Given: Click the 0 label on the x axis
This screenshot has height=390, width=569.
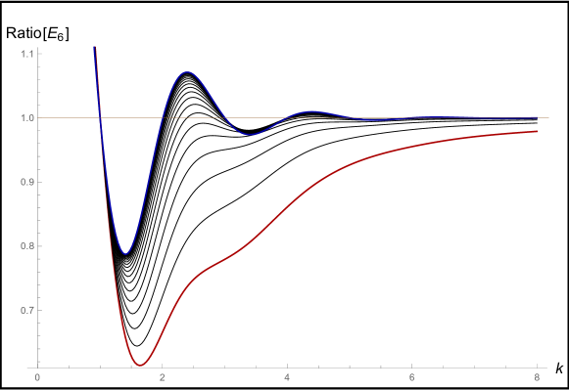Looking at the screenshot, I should click(x=37, y=377).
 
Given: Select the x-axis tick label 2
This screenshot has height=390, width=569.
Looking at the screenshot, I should click(x=163, y=377).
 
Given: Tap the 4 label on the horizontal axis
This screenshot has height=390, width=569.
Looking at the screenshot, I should click(x=287, y=377).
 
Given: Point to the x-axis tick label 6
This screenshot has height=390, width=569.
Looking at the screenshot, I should click(x=412, y=377).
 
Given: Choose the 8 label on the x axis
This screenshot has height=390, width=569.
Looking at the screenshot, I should click(x=537, y=377).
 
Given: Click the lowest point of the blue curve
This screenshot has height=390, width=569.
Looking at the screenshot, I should click(x=124, y=254).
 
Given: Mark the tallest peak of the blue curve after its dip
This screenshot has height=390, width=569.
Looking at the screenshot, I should click(x=186, y=71).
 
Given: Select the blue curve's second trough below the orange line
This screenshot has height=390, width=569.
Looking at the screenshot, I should click(x=250, y=135).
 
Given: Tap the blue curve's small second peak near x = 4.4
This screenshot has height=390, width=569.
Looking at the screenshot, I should click(x=312, y=111).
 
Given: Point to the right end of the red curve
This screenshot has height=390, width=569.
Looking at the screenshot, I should click(x=537, y=131).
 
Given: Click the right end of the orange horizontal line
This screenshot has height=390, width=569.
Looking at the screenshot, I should click(x=548, y=117).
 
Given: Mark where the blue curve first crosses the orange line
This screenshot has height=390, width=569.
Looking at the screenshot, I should click(x=100, y=117).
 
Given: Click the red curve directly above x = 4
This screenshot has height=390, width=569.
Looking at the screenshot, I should click(x=287, y=206).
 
